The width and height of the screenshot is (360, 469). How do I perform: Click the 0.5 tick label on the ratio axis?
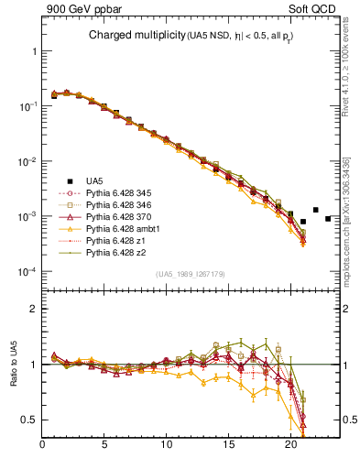pos(30,420)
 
